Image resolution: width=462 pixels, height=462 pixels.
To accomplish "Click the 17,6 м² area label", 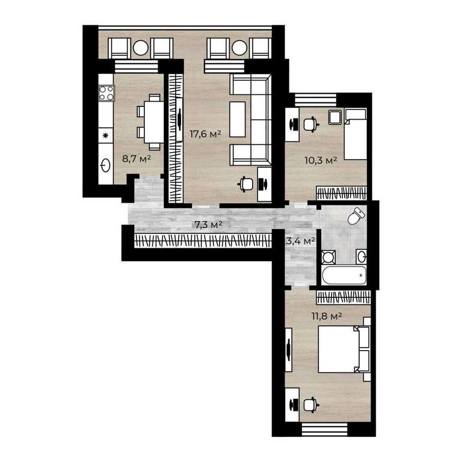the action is tap(205, 134).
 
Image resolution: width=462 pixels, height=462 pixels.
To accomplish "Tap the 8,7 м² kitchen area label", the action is tap(137, 159).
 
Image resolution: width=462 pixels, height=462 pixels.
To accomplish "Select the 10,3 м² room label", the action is tap(321, 161).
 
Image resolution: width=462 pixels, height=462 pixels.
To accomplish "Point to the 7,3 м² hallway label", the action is tap(208, 225).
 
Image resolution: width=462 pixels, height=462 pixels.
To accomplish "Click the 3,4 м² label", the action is tap(301, 241).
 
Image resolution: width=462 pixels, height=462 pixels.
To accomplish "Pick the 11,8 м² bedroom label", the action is tap(327, 316).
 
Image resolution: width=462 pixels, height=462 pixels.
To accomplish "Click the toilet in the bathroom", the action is tap(356, 216).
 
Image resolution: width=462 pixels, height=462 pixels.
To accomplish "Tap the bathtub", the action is tap(344, 275).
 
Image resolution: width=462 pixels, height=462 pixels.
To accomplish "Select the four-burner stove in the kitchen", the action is tap(106, 93).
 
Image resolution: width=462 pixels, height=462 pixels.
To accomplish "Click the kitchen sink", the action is tap(105, 165).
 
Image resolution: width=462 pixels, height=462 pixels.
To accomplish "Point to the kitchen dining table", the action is tap(154, 122).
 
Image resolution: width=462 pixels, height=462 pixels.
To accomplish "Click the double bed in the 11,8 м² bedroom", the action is tap(344, 349).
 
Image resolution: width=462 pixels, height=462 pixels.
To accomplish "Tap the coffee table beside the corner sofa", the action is tap(238, 119).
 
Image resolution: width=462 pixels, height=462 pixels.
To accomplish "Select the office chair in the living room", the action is tap(245, 184).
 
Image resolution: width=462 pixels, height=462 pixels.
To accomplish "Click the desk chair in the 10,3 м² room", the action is tap(311, 124).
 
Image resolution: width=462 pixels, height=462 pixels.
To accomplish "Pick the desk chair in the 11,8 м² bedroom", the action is tap(311, 404).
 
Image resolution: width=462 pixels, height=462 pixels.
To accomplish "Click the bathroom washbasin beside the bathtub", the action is tap(362, 257).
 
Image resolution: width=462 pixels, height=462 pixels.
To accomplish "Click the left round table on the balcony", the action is tap(141, 48).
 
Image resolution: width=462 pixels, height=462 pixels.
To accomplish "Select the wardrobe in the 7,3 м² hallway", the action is tap(202, 241).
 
